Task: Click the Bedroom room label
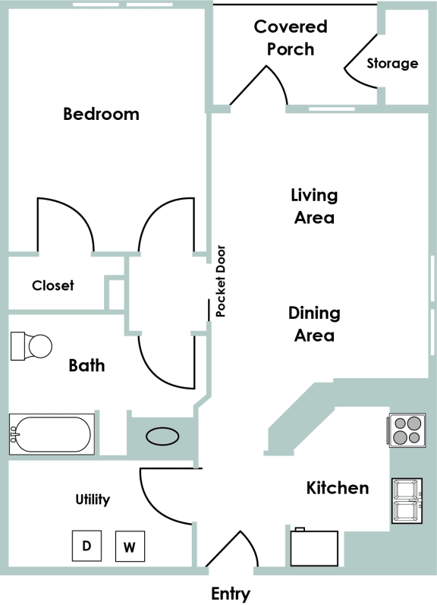[x=101, y=115]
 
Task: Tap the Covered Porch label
[x=291, y=38]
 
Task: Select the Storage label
[x=392, y=63]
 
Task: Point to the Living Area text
[x=313, y=206]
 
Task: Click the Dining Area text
[x=314, y=323]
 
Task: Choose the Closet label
[x=53, y=286]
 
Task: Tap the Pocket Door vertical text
[x=221, y=281]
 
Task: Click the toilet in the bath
[x=31, y=347]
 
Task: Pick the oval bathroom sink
[x=162, y=437]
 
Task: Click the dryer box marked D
[x=86, y=545]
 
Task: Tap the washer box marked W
[x=130, y=547]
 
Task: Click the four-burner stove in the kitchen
[x=406, y=430]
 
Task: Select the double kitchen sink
[x=406, y=501]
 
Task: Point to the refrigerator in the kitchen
[x=314, y=548]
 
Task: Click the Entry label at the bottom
[x=230, y=594]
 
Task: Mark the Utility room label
[x=93, y=499]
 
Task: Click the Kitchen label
[x=338, y=487]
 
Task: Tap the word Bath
[x=86, y=366]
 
